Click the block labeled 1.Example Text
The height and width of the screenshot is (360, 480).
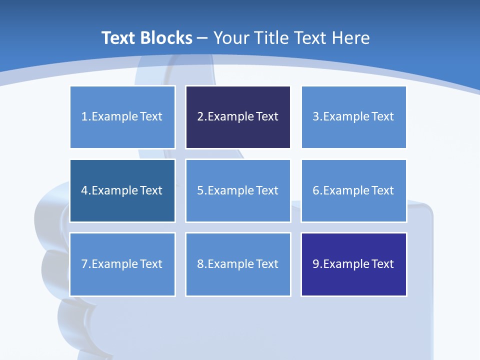coord(122,117)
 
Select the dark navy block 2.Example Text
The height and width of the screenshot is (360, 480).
coord(238,117)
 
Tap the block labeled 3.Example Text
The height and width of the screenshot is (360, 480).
coord(353,117)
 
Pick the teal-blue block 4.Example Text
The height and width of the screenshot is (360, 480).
coord(122,190)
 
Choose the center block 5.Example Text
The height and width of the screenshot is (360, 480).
coord(238,190)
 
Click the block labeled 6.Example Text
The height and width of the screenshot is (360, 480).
coord(353,190)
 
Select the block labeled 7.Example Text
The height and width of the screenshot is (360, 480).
coord(122,264)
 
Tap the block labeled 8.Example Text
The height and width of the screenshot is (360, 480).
coord(238,264)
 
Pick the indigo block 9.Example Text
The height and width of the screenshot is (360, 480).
coord(353,264)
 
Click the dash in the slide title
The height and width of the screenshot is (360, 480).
coord(203,38)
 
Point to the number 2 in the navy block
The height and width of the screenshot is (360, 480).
coord(200,117)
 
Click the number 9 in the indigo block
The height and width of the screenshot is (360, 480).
coord(316,264)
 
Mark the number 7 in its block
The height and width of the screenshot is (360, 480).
coord(84,264)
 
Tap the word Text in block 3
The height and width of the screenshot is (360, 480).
coord(383,117)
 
